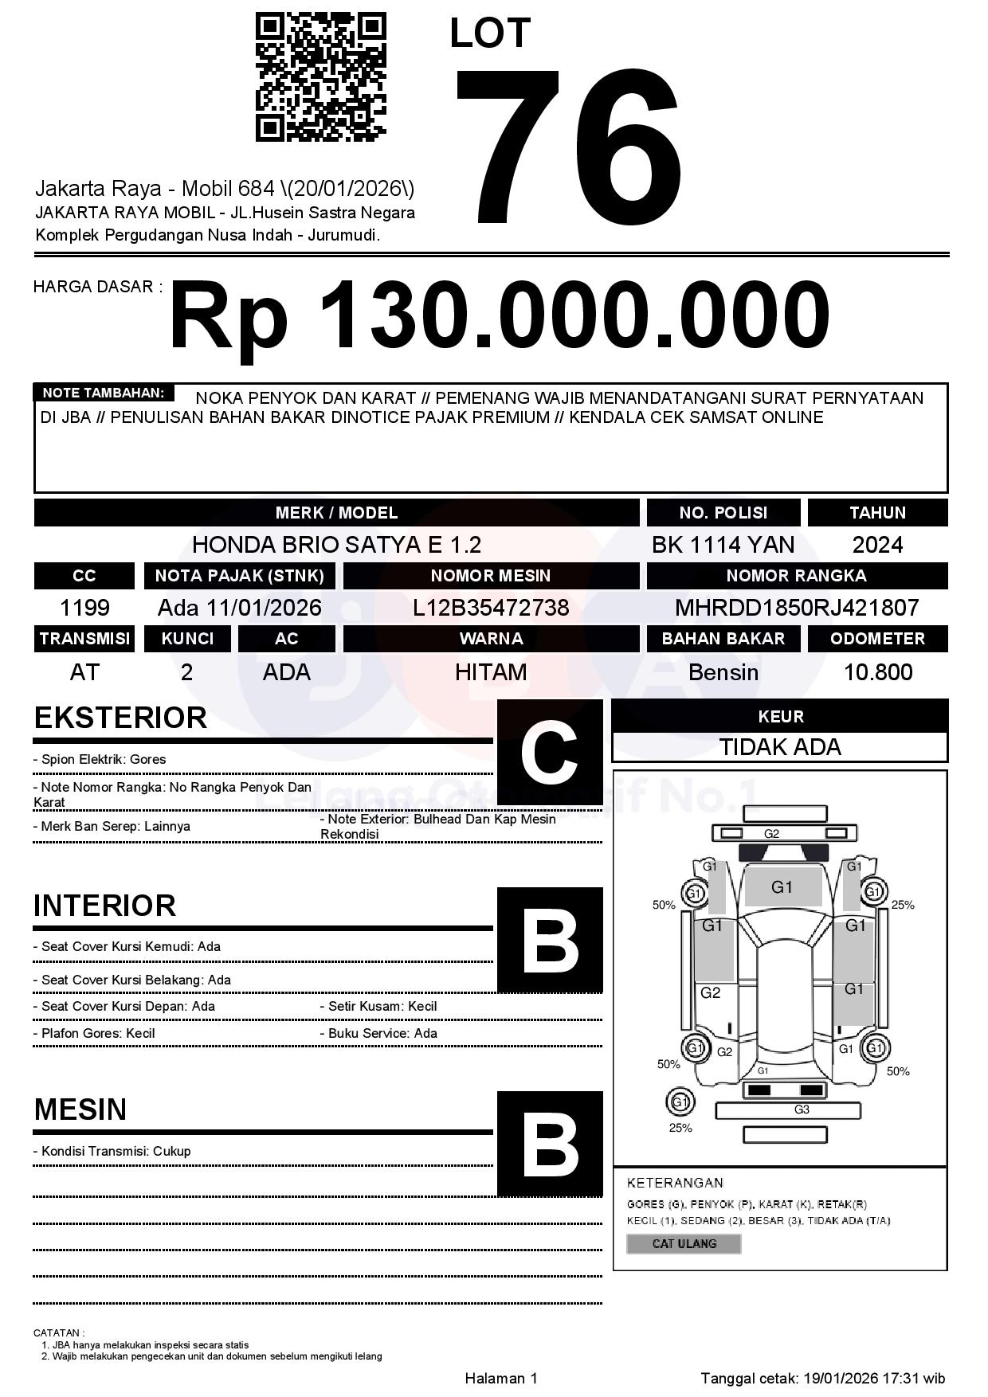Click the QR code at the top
(320, 77)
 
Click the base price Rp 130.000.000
(500, 315)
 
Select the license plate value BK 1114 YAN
(723, 545)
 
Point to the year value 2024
(877, 545)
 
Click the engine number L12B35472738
(491, 608)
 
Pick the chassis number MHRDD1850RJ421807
(797, 608)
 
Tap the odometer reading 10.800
(877, 672)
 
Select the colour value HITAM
(491, 672)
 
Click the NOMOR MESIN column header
(491, 575)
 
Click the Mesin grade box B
(550, 1144)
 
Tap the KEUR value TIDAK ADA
(780, 747)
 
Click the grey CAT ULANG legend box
(684, 1243)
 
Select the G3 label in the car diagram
(802, 1109)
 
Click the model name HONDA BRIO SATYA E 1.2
(336, 545)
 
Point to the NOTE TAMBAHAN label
(103, 393)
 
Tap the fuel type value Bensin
(723, 672)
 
